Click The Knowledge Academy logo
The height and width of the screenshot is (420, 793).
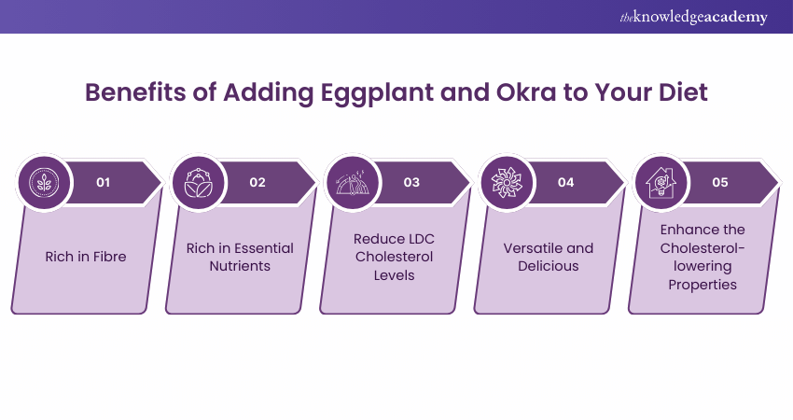coord(694,17)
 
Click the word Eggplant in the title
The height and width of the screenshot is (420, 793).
coord(377,93)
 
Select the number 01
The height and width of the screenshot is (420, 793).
coord(104,182)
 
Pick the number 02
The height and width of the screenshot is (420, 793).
coord(257,182)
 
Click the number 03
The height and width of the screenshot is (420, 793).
coord(411,182)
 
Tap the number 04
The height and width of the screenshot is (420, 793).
coord(566,182)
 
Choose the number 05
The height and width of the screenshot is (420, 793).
coord(720,182)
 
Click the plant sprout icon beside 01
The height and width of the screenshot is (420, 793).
coord(44,182)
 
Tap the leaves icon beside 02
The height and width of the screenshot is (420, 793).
coord(198,182)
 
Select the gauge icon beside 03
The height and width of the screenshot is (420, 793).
coord(353,182)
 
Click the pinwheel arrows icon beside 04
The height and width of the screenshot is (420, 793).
coord(507,182)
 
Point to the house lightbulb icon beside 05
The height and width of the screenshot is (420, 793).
coord(661,182)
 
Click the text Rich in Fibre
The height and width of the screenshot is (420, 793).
coord(86,257)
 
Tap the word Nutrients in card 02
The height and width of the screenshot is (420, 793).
coord(240,266)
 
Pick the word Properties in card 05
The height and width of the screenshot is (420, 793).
coord(703,285)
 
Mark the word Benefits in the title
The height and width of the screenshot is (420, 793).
coord(135,92)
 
